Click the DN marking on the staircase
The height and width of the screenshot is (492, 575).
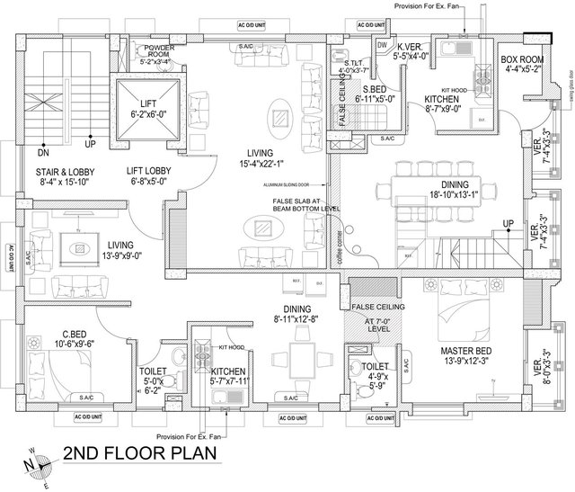(43, 143)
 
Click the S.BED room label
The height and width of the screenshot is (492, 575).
(369, 88)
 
